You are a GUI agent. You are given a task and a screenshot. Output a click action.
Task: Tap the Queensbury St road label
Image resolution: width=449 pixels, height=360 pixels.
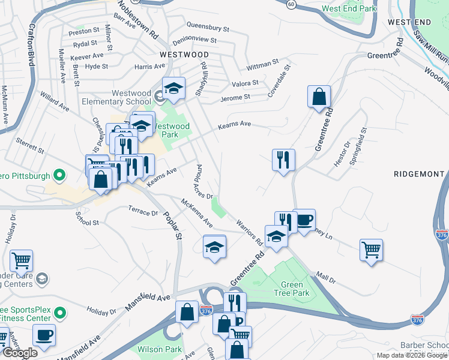coord(208,28)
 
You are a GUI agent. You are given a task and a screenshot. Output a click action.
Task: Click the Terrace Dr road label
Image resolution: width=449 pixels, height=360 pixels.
coord(143,211)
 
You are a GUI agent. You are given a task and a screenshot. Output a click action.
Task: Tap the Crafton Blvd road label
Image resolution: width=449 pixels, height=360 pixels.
coord(28,47)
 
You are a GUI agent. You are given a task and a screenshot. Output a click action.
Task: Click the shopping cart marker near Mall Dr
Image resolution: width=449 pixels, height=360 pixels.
coord(371,248)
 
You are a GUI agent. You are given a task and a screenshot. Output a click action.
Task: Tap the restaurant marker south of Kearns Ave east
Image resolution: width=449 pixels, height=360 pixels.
coord(283,160)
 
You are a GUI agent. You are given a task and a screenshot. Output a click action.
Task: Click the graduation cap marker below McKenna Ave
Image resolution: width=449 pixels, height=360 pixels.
coord(214,247)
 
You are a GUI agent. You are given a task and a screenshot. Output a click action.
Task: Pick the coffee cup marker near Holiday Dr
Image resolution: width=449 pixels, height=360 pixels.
coord(44,335)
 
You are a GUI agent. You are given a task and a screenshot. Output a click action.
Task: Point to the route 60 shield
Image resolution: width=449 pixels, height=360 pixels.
coord(291,4)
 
